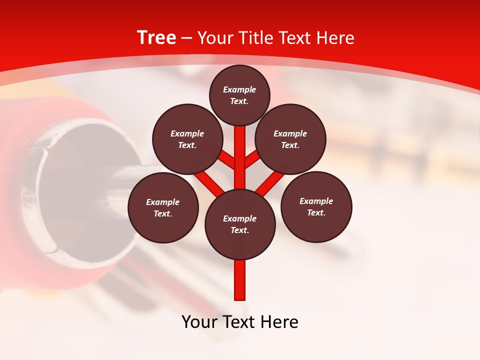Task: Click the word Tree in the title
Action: tap(156, 38)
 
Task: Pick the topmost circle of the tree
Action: tap(239, 95)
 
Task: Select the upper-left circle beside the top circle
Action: tap(187, 139)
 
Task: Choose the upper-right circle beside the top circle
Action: tap(290, 139)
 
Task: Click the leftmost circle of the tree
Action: tap(163, 207)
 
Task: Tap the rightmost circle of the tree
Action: tap(316, 206)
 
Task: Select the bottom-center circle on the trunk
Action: tap(240, 224)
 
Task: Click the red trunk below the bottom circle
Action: tap(240, 280)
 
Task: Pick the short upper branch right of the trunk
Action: tap(252, 159)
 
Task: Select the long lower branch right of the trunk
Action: tap(270, 183)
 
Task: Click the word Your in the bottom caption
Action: tap(200, 322)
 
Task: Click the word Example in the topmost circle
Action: tap(239, 89)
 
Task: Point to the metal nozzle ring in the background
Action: tap(42, 195)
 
